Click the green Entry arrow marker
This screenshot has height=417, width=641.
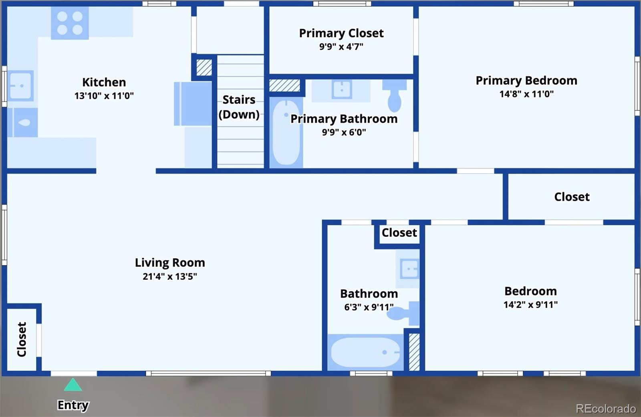point(73,385)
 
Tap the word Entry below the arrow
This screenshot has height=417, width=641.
point(73,405)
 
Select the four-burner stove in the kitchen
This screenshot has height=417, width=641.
point(70,23)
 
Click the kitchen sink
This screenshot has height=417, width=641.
point(20,86)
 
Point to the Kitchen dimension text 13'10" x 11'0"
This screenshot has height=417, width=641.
point(104,96)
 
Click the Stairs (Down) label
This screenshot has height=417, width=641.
point(239,107)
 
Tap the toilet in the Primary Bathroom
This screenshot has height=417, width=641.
point(395,96)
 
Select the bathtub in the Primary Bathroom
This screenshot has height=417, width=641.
point(286,132)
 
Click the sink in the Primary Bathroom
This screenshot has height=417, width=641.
point(342,90)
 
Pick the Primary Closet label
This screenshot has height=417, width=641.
point(341,33)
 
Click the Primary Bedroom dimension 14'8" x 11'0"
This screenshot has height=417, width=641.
point(526,94)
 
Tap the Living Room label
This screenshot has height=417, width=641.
point(170,263)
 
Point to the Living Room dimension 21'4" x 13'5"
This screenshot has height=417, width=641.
point(170,277)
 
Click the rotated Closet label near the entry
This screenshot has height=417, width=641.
point(22,339)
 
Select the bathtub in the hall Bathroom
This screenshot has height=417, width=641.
point(365,353)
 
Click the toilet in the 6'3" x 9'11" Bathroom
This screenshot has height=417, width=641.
point(403,313)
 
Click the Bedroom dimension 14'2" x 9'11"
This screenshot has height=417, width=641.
point(531,305)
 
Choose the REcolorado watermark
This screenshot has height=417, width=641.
point(606,409)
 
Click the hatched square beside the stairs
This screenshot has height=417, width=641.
point(204,68)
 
